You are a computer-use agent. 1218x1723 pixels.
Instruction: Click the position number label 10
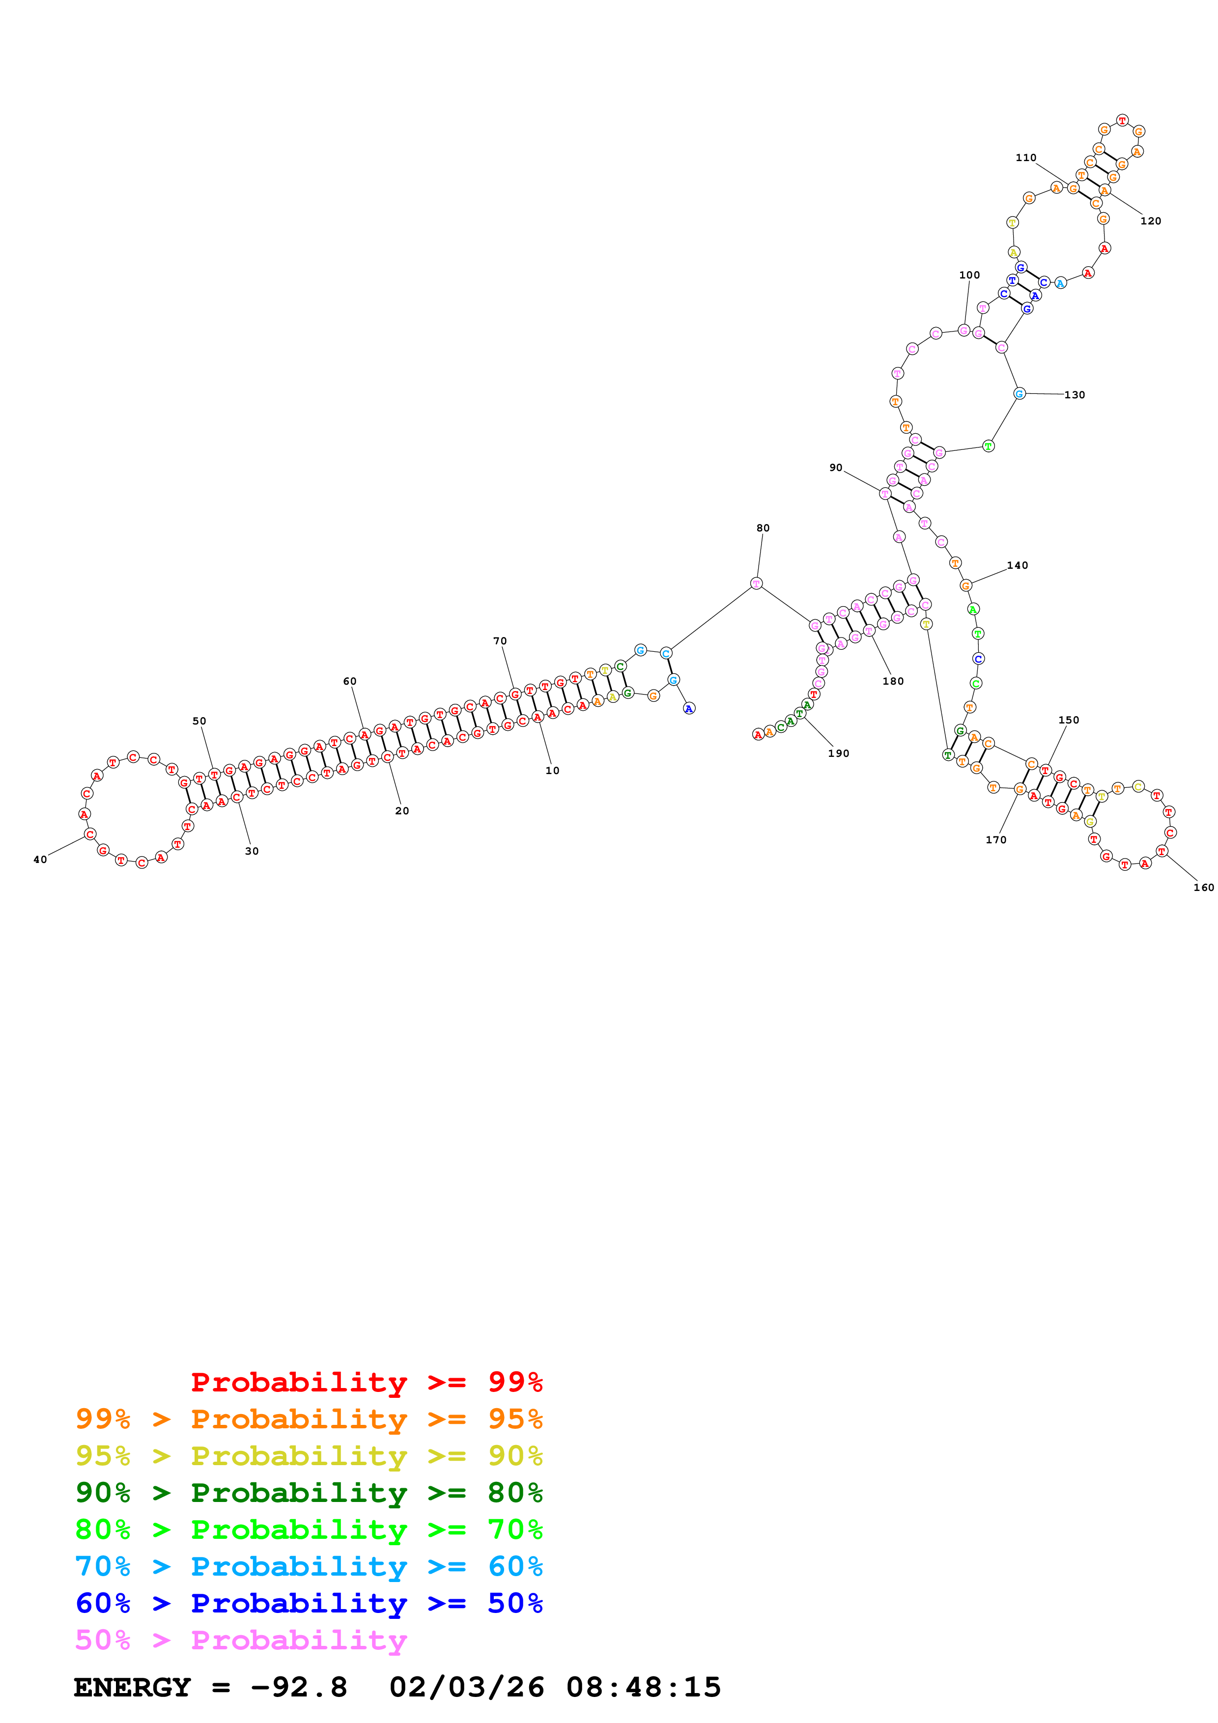click(552, 771)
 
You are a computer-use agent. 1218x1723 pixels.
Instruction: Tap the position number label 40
click(40, 860)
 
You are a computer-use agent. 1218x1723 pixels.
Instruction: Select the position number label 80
click(763, 528)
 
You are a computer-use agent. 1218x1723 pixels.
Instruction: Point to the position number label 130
click(1074, 395)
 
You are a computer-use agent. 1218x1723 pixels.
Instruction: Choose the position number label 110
click(1026, 158)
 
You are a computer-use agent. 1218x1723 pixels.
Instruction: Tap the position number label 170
click(996, 840)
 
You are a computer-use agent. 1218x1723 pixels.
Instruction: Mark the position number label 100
click(969, 276)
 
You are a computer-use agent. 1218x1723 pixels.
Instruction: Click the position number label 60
click(350, 681)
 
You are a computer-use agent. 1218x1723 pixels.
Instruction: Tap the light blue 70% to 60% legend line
click(309, 1566)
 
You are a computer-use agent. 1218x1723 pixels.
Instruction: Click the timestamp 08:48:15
click(643, 1687)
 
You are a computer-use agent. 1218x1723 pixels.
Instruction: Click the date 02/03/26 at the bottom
click(467, 1687)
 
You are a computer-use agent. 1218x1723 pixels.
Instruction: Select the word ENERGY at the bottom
click(132, 1687)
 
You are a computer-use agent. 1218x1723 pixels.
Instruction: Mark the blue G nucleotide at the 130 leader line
click(1019, 394)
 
